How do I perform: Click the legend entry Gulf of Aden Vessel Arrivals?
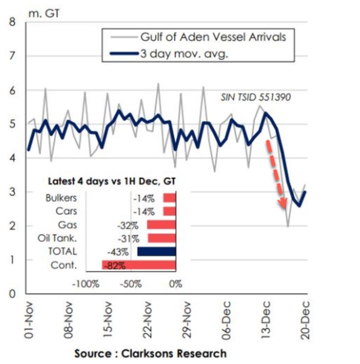click(x=212, y=37)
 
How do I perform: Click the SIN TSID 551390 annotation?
click(x=256, y=97)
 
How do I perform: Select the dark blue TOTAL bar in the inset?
click(x=156, y=251)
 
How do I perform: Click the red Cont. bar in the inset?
click(x=139, y=265)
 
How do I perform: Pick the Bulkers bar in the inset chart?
click(x=169, y=198)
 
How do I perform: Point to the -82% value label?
click(x=115, y=266)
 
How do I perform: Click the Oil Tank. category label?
click(x=61, y=238)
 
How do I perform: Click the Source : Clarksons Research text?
click(x=150, y=353)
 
